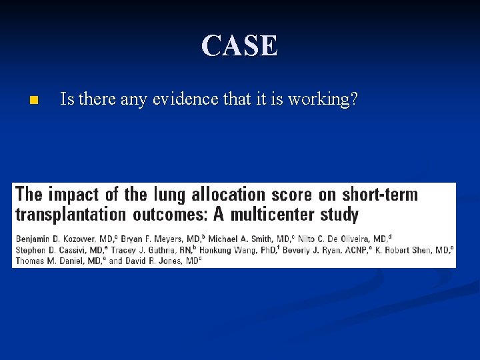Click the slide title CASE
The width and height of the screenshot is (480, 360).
(240, 45)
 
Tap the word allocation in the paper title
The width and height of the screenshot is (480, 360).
(228, 195)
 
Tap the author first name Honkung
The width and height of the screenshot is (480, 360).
(219, 249)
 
